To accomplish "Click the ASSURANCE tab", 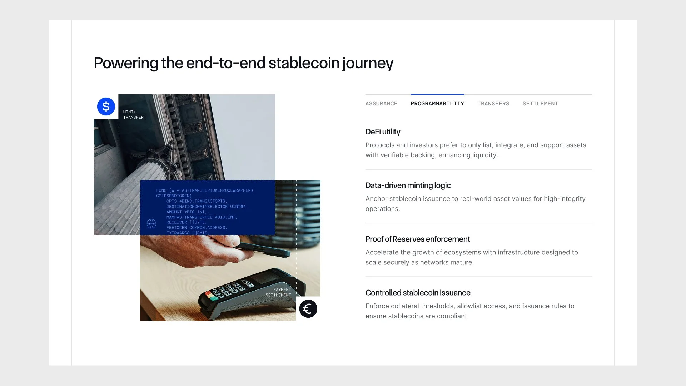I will pyautogui.click(x=381, y=104).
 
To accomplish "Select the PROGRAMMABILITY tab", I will pyautogui.click(x=437, y=104).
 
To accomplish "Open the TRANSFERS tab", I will pyautogui.click(x=493, y=104).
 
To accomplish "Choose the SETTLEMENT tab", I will pyautogui.click(x=540, y=104).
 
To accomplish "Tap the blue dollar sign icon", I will pyautogui.click(x=106, y=107).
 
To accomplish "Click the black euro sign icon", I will pyautogui.click(x=308, y=309).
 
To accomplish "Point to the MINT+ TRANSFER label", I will pyautogui.click(x=133, y=115).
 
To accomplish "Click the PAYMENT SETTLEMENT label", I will pyautogui.click(x=278, y=292).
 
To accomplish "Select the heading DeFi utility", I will pyautogui.click(x=383, y=132).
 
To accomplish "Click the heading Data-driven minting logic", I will pyautogui.click(x=408, y=185).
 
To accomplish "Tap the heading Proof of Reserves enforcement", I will pyautogui.click(x=417, y=239).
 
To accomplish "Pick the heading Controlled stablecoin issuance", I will pyautogui.click(x=418, y=293).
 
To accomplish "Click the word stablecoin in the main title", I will pyautogui.click(x=304, y=63).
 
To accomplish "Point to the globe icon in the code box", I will pyautogui.click(x=151, y=224).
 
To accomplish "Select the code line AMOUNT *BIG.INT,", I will pyautogui.click(x=186, y=212).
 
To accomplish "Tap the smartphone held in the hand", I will pyautogui.click(x=266, y=249).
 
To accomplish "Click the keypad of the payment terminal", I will pyautogui.click(x=229, y=289).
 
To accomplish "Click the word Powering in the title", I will pyautogui.click(x=126, y=63).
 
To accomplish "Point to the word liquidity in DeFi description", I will pyautogui.click(x=484, y=155).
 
